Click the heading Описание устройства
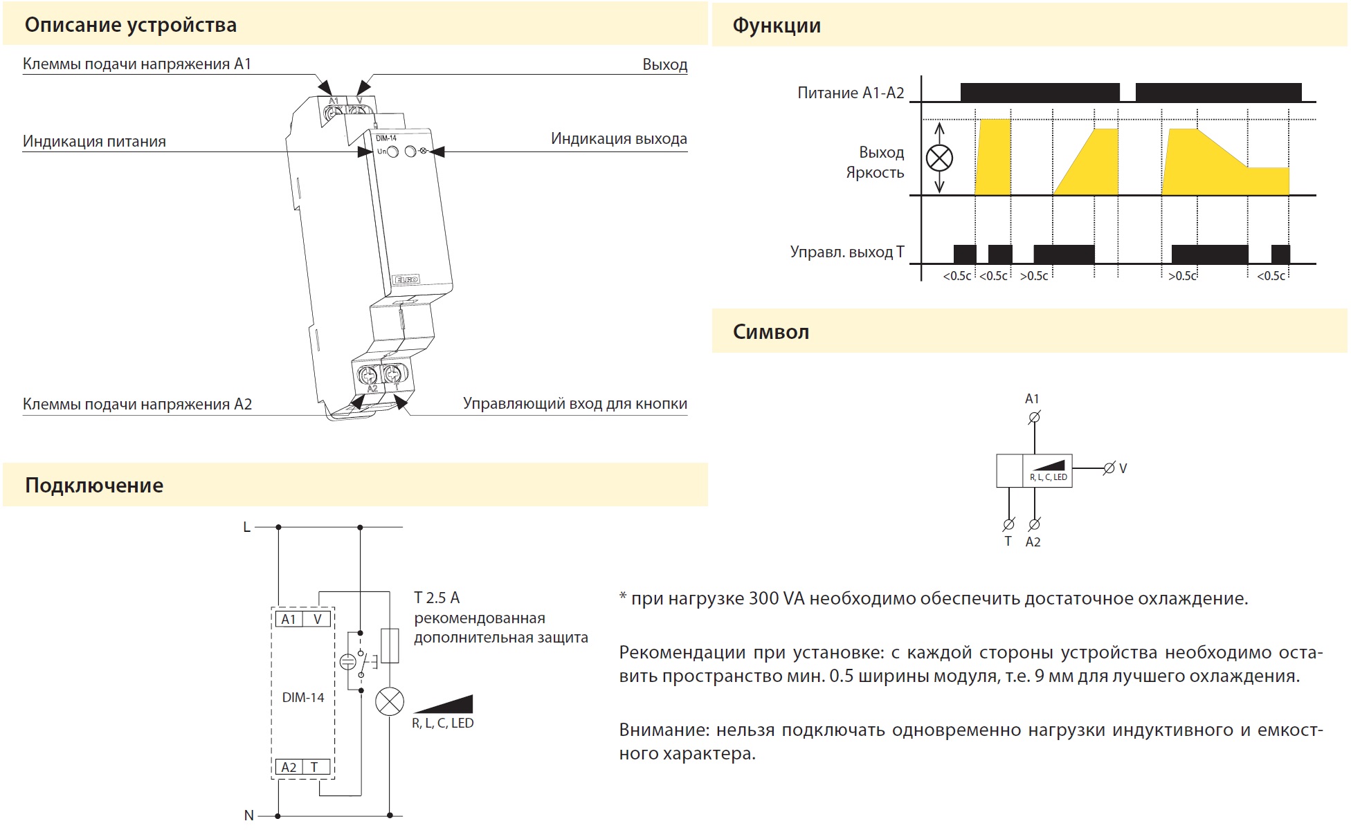coord(131,26)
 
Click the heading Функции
coord(777,26)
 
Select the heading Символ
coord(771,332)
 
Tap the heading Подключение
coord(94,486)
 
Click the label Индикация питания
coord(94,142)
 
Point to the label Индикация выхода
coord(619,139)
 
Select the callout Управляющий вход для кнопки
coord(575,404)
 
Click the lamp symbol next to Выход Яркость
coord(939,158)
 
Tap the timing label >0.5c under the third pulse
coord(1034,276)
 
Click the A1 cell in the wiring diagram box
coord(289,619)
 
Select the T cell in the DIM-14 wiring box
coord(315,767)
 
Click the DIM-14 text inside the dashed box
coord(303,698)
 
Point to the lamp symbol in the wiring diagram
coord(390,702)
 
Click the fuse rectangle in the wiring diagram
coord(390,646)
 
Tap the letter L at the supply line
coord(246,527)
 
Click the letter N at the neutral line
coord(249,815)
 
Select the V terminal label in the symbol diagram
coord(1123,468)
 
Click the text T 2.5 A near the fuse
coord(437,598)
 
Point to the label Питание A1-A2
coord(851,93)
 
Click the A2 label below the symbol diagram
coord(1033,542)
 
